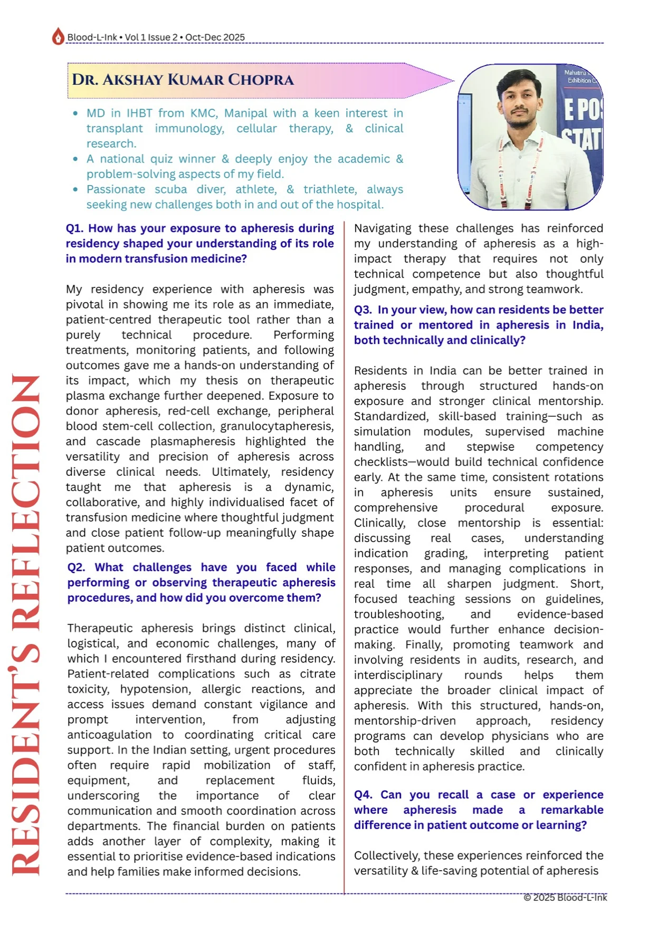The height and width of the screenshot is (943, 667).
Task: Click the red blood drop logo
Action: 58,36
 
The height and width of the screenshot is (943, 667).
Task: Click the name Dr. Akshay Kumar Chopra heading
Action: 183,80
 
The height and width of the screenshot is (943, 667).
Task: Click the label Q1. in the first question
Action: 75,228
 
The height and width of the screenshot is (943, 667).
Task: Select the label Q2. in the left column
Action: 77,567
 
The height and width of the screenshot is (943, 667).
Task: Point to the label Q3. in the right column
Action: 363,310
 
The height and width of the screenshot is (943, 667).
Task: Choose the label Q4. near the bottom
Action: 363,795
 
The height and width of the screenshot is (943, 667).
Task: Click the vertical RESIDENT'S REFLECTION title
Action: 25,625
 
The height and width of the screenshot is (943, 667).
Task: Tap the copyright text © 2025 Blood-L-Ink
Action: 565,898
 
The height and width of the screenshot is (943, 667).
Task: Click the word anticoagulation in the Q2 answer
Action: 109,735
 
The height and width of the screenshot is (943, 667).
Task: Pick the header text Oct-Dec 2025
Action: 215,37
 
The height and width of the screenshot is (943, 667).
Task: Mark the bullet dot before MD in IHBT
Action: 75,113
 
